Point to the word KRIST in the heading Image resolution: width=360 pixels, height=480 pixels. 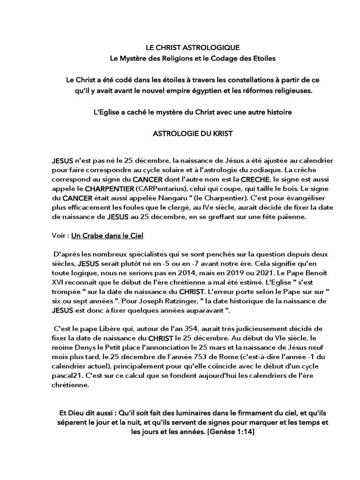pos(222,134)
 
